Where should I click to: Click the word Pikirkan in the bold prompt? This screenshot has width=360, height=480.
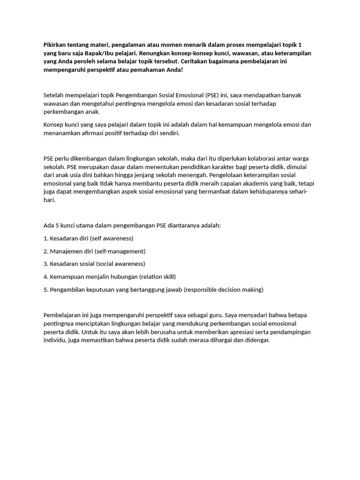pyautogui.click(x=56, y=45)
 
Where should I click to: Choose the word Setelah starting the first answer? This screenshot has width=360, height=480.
pyautogui.click(x=54, y=95)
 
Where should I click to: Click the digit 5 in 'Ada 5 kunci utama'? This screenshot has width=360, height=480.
pyautogui.click(x=56, y=225)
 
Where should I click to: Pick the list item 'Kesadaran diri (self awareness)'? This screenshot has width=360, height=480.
pyautogui.click(x=89, y=238)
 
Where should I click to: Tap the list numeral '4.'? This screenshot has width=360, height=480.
pyautogui.click(x=46, y=277)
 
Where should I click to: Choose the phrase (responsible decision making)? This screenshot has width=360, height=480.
pyautogui.click(x=224, y=290)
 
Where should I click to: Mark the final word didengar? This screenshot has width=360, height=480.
pyautogui.click(x=256, y=340)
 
